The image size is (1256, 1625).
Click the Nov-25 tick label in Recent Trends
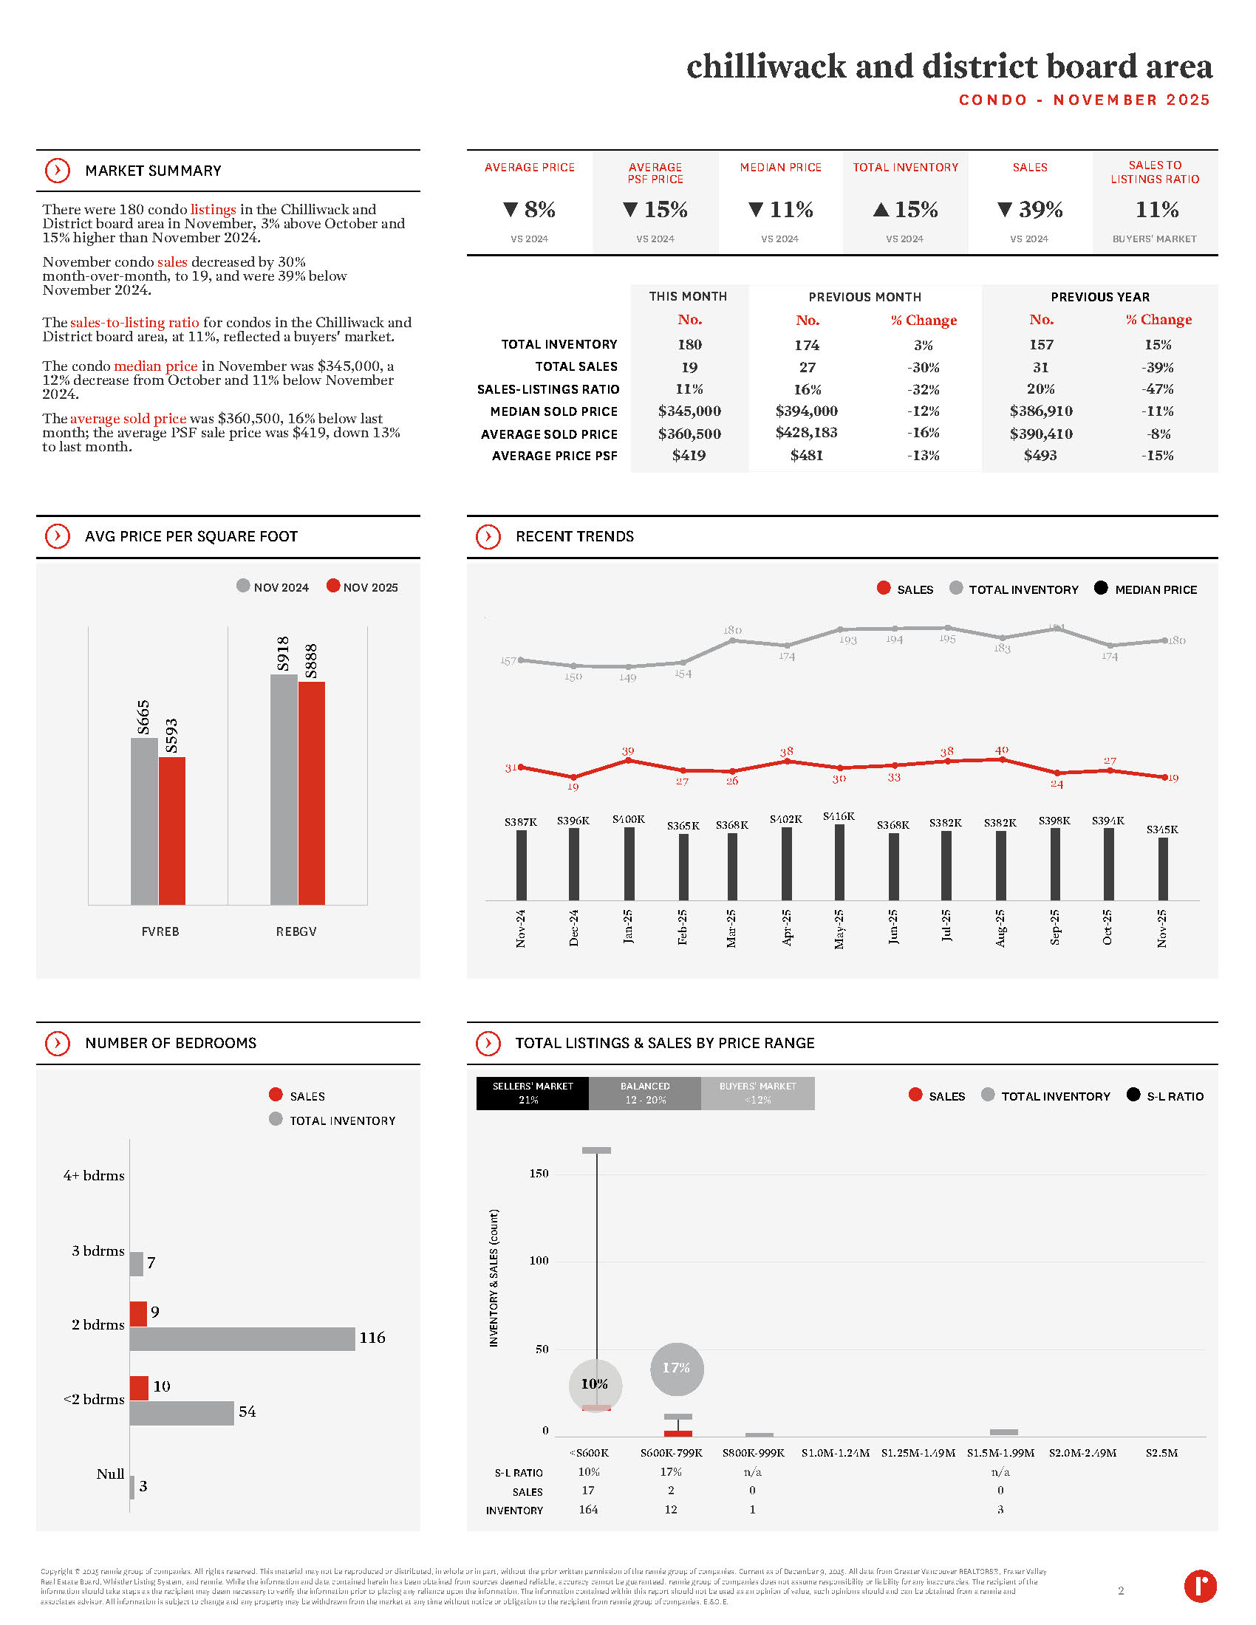coord(1161,928)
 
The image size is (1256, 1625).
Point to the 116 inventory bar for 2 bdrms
coord(242,1338)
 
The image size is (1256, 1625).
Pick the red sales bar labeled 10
coord(138,1388)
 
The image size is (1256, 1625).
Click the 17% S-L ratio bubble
coord(676,1368)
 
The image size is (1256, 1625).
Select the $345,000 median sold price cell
coord(689,411)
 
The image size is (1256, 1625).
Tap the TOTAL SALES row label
coord(576,367)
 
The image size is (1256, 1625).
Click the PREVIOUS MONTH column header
coord(864,297)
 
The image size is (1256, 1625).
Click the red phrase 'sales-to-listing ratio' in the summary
coord(134,323)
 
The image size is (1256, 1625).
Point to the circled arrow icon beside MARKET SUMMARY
coord(58,171)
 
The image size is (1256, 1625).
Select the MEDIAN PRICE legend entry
coord(1146,589)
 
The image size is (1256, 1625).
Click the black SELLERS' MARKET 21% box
coord(532,1093)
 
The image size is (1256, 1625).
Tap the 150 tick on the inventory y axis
coord(539,1174)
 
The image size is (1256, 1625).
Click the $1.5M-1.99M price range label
coord(1000,1453)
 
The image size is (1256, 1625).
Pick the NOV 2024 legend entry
coord(273,587)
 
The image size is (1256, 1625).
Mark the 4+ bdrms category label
coord(94,1176)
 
